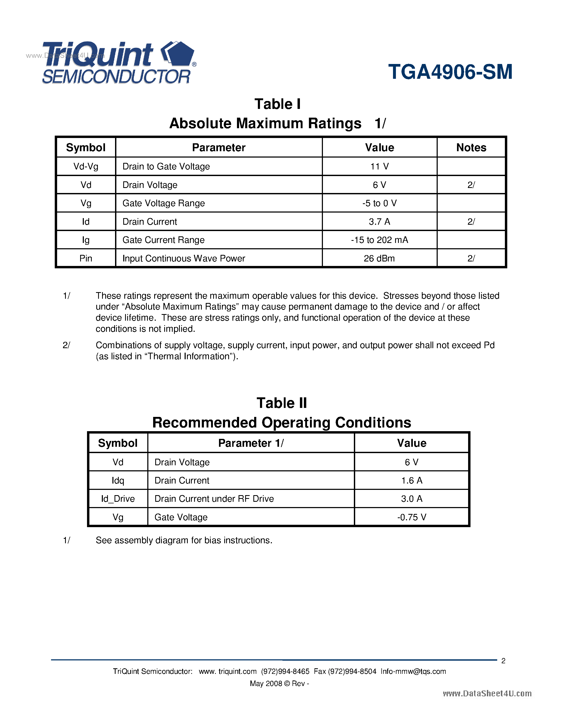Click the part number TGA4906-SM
[x=450, y=72]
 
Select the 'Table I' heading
[x=277, y=104]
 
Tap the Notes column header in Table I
[x=471, y=148]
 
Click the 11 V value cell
[x=379, y=167]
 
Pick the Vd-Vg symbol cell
[x=86, y=167]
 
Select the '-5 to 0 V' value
[x=379, y=203]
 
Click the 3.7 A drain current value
[x=379, y=222]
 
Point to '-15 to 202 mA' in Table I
[x=379, y=240]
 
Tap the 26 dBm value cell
[x=379, y=258]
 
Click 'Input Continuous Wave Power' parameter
[x=184, y=258]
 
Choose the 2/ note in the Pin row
[x=471, y=258]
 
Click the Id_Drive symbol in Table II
[x=118, y=499]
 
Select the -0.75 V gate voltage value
[x=412, y=517]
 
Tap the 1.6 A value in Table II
[x=412, y=480]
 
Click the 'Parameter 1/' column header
[x=251, y=443]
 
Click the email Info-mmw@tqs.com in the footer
[x=413, y=671]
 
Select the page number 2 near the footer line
[x=503, y=661]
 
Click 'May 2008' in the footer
[x=266, y=683]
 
